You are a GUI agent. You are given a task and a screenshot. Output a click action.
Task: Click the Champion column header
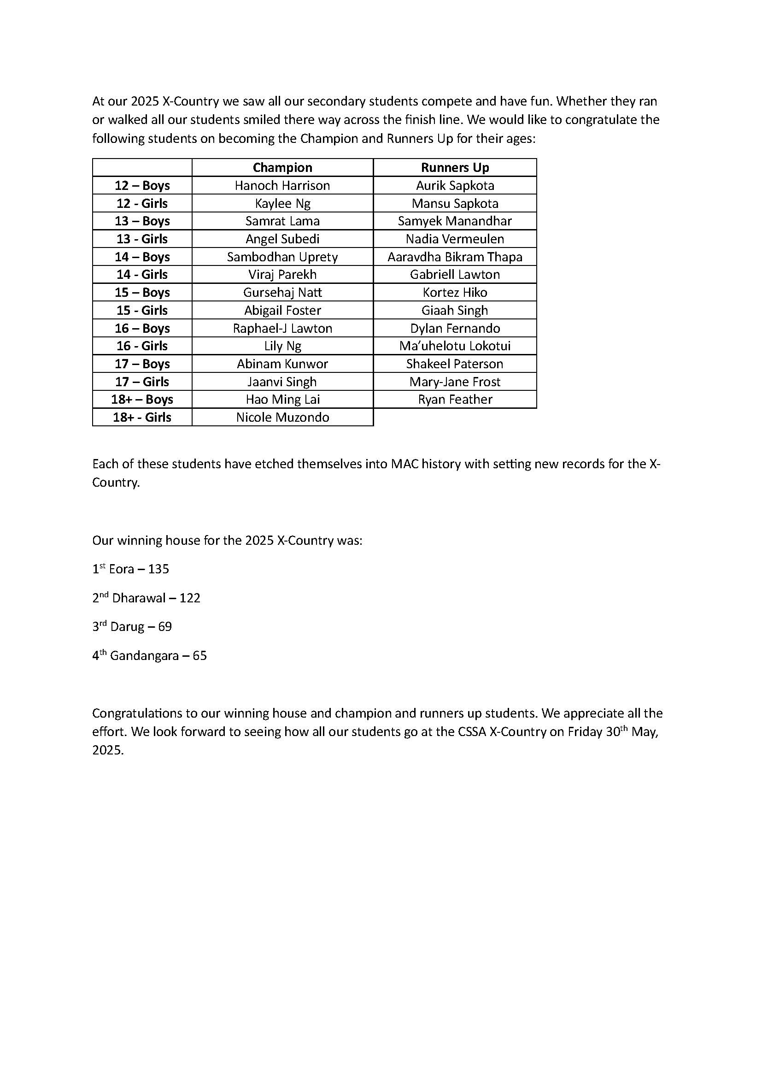tap(282, 168)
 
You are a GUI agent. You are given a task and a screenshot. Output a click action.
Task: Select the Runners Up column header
tap(455, 168)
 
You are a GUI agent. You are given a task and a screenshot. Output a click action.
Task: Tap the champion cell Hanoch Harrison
tap(282, 185)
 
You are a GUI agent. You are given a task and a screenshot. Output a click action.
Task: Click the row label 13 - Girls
tap(142, 239)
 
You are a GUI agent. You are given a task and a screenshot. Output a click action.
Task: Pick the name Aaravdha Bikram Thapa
tap(455, 257)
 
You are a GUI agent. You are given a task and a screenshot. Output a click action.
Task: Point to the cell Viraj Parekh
tap(282, 275)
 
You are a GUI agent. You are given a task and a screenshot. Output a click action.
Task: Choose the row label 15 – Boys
tap(142, 293)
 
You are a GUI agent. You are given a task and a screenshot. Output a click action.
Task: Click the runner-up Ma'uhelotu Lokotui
tap(455, 346)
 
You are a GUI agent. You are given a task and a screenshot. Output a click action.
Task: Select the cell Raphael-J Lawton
tap(282, 328)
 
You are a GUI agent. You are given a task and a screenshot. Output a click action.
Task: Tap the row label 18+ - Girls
tap(142, 418)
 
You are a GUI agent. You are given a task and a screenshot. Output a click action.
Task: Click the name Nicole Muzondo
tap(282, 418)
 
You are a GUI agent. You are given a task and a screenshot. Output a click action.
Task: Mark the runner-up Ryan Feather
tap(455, 400)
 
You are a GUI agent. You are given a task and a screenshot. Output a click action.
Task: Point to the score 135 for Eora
tap(158, 569)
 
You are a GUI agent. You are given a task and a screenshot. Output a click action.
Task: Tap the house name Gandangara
tap(144, 656)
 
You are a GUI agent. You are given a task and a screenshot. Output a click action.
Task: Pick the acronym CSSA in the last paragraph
tap(471, 732)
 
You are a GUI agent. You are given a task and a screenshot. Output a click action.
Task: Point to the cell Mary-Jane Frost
tap(455, 382)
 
